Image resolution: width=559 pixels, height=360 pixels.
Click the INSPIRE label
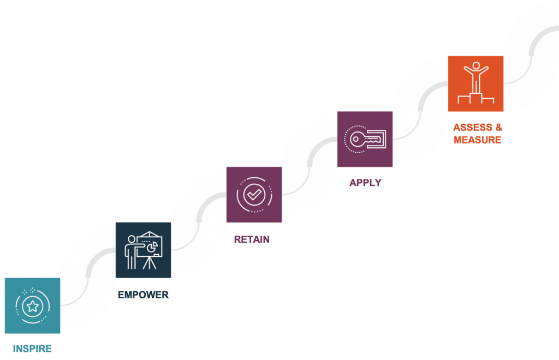(x=32, y=348)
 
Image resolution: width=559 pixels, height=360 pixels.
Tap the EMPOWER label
(x=143, y=295)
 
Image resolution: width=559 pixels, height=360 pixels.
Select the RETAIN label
(x=252, y=239)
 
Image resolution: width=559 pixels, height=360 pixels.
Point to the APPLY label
(x=365, y=183)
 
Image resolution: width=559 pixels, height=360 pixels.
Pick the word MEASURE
(x=477, y=140)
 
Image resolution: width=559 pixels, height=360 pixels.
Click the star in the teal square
(x=32, y=305)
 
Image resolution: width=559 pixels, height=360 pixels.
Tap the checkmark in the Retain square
(x=254, y=194)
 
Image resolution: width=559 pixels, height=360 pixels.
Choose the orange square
(x=475, y=83)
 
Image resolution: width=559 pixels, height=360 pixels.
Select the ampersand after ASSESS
(x=497, y=128)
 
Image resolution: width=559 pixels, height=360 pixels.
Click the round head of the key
(x=356, y=139)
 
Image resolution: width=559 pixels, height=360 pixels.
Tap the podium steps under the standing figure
(x=475, y=99)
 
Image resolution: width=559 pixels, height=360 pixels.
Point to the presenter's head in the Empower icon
(x=130, y=239)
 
